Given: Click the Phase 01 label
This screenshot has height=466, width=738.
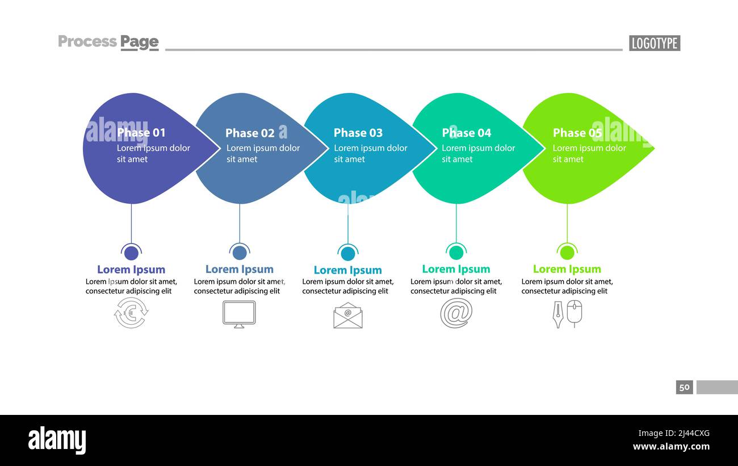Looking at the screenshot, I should pyautogui.click(x=141, y=133).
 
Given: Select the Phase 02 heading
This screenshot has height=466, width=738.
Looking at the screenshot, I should pyautogui.click(x=250, y=133).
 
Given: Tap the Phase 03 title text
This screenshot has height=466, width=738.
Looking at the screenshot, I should pyautogui.click(x=358, y=133).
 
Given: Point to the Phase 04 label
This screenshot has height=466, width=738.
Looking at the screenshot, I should pyautogui.click(x=467, y=133).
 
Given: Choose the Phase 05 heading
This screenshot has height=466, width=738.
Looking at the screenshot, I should pyautogui.click(x=577, y=133).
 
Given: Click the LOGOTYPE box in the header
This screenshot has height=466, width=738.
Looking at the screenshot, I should pyautogui.click(x=654, y=43).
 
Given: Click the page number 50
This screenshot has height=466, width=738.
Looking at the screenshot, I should pyautogui.click(x=684, y=387).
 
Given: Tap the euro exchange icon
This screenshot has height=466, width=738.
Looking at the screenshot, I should pyautogui.click(x=131, y=313).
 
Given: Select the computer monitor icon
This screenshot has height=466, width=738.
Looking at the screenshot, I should pyautogui.click(x=239, y=314).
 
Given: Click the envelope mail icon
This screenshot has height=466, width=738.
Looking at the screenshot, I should pyautogui.click(x=348, y=316).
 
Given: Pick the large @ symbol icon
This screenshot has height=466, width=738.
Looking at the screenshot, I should pyautogui.click(x=456, y=313).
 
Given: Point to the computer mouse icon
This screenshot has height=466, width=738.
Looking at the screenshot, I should pyautogui.click(x=575, y=313).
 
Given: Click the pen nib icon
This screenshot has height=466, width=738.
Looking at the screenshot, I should pyautogui.click(x=558, y=314).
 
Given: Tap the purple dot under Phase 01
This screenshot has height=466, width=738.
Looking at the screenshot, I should pyautogui.click(x=131, y=253).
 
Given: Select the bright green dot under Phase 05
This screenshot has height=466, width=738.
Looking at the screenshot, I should pyautogui.click(x=567, y=253).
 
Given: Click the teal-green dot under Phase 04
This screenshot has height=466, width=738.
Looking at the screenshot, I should pyautogui.click(x=456, y=253).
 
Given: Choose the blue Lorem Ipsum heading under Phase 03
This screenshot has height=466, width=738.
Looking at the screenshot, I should pyautogui.click(x=347, y=270).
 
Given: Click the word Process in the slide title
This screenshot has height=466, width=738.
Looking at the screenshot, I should pyautogui.click(x=87, y=41).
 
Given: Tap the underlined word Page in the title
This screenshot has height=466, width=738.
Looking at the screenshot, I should pyautogui.click(x=139, y=42).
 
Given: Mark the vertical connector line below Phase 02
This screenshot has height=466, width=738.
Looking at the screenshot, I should pyautogui.click(x=240, y=223).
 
